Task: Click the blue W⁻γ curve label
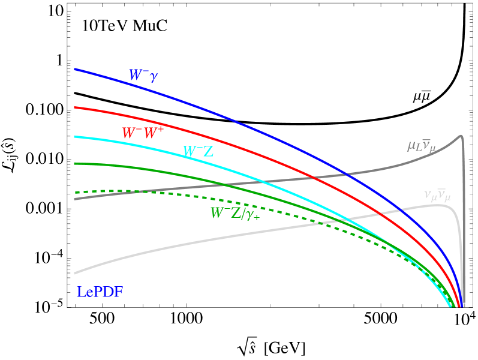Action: pos(144,75)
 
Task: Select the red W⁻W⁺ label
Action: pos(143,133)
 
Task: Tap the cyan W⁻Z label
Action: pos(198,152)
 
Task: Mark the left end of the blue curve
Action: pos(75,69)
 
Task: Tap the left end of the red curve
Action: pos(75,107)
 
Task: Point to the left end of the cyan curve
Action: pos(75,137)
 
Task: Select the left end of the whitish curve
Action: pos(75,273)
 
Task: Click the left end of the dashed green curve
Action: pos(76,193)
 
